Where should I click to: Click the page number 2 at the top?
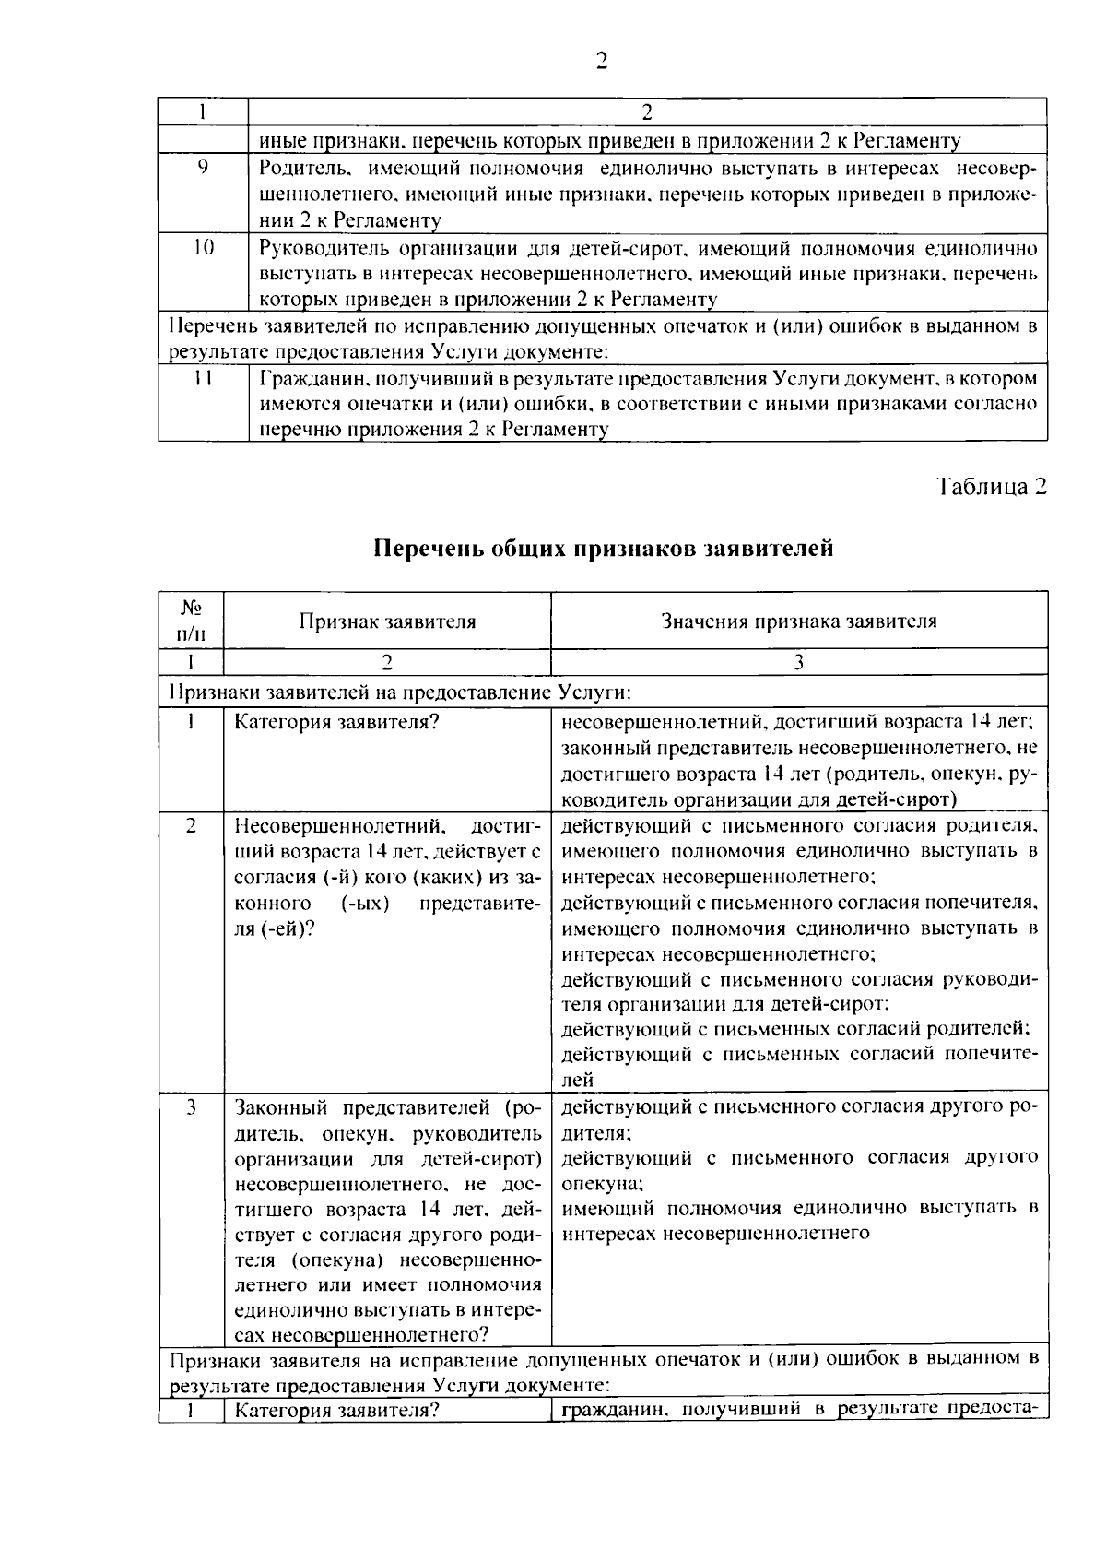(x=601, y=62)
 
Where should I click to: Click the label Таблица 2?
(x=992, y=487)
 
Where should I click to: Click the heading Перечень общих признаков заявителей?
(x=603, y=549)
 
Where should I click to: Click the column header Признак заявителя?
(x=387, y=621)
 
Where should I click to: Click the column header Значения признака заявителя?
(x=799, y=621)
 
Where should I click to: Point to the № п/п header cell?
(x=191, y=621)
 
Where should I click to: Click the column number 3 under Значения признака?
(x=799, y=662)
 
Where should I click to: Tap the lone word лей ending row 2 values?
(x=577, y=1080)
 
